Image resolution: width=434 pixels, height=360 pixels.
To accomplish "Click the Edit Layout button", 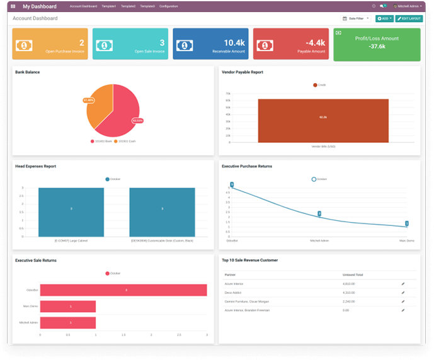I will pos(409,18).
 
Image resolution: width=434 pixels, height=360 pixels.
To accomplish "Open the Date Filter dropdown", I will pos(356,18).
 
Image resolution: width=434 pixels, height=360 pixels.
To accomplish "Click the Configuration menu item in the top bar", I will pos(169,6).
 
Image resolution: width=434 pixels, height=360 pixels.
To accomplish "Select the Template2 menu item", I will pos(147,6).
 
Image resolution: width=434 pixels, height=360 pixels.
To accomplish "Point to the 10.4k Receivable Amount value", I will pos(234,42).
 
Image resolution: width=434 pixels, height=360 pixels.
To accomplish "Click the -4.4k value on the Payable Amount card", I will pos(315,42).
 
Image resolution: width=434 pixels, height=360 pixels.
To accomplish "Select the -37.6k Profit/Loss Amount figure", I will pos(377,47).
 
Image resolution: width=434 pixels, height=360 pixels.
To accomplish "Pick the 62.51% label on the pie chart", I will pos(137,120).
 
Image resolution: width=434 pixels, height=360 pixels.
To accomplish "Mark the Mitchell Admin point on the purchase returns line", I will pos(319,215).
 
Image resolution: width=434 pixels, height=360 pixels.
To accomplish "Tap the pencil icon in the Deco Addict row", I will pos(403,293).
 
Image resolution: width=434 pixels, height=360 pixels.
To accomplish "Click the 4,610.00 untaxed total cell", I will pos(348,284).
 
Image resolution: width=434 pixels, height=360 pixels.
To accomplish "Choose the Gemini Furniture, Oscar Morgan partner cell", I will pos(247,301).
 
